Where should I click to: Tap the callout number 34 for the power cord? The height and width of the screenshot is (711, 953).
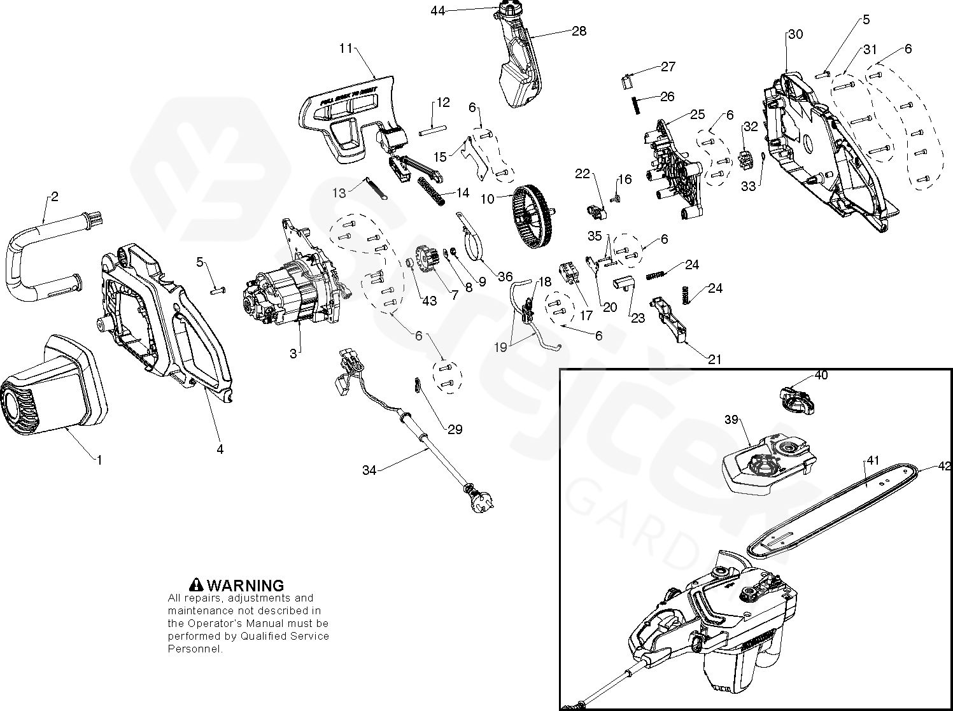(x=369, y=470)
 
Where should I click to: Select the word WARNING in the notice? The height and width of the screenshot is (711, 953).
(x=246, y=585)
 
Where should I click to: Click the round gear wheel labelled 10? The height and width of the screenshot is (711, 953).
(x=533, y=215)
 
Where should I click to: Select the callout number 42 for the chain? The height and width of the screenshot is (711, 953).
(x=944, y=466)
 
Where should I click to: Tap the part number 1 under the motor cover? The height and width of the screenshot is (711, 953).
(x=99, y=458)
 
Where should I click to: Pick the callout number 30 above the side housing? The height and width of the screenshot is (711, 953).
(x=796, y=34)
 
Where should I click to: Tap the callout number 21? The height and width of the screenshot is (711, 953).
(x=715, y=360)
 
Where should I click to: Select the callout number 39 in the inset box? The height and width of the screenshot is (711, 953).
(x=731, y=419)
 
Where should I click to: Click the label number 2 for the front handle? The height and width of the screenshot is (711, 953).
(x=54, y=197)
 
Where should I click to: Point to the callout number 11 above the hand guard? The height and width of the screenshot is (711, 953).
(x=346, y=47)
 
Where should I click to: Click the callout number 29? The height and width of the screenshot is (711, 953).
(x=455, y=429)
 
